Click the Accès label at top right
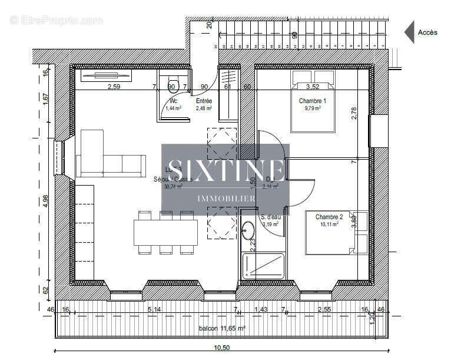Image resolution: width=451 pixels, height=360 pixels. pos(427,32)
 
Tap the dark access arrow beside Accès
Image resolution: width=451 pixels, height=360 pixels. pos(409,32)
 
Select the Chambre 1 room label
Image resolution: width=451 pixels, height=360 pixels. pos(312,101)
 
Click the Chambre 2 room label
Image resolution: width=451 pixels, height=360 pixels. pos(329,217)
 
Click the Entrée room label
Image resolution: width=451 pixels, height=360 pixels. pos(204,101)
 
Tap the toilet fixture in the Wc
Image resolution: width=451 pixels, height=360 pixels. pos(173,82)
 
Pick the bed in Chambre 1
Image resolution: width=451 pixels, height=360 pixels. pos(313,100)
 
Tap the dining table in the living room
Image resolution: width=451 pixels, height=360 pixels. pos(166,233)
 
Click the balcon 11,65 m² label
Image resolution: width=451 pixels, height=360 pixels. pos(222,328)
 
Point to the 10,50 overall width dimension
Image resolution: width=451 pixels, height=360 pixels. pos(221,348)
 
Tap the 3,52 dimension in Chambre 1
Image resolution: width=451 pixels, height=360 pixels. pos(313,87)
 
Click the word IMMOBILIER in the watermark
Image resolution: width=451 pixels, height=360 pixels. pos(225,199)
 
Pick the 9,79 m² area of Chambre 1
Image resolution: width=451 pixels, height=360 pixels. pos(313,108)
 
